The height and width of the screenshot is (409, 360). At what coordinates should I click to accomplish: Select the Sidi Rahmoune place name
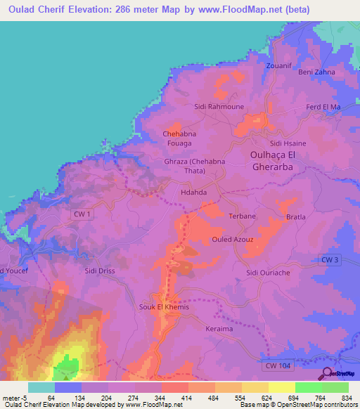point(219,107)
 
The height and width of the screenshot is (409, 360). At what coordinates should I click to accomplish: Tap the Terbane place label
point(243,216)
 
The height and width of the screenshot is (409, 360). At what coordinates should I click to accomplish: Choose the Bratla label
point(296,217)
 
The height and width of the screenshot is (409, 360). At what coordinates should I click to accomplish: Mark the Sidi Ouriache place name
point(264,272)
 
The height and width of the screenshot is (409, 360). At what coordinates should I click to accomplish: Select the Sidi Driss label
point(99,270)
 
